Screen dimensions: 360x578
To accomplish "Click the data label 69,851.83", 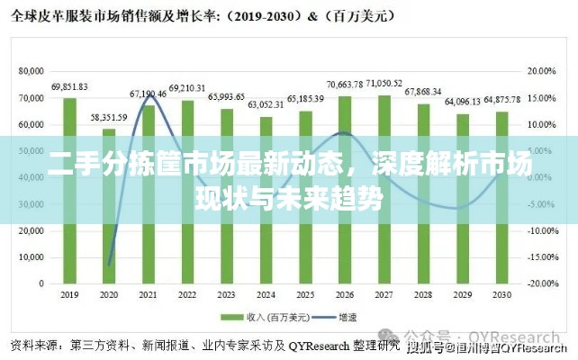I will pyautogui.click(x=69, y=86).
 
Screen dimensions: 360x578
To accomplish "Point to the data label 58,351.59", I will pyautogui.click(x=109, y=117).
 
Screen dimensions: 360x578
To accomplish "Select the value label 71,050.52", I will pyautogui.click(x=384, y=84).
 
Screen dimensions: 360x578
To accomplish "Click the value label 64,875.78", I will pyautogui.click(x=502, y=99).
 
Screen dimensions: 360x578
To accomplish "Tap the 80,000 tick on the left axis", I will pyautogui.click(x=31, y=70).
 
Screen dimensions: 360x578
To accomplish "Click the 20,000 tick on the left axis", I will pyautogui.click(x=31, y=229).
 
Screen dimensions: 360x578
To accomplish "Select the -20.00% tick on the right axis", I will pyautogui.click(x=540, y=283).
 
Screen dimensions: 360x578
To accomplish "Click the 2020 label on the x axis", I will pyautogui.click(x=109, y=295).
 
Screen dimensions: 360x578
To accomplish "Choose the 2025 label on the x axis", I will pyautogui.click(x=306, y=295).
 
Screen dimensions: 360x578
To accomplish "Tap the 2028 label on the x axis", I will pyautogui.click(x=424, y=295).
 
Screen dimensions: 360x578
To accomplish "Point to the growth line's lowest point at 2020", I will pyautogui.click(x=109, y=265).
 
